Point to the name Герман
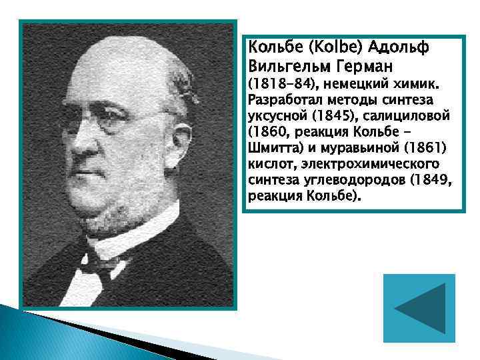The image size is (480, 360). click(x=364, y=67)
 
